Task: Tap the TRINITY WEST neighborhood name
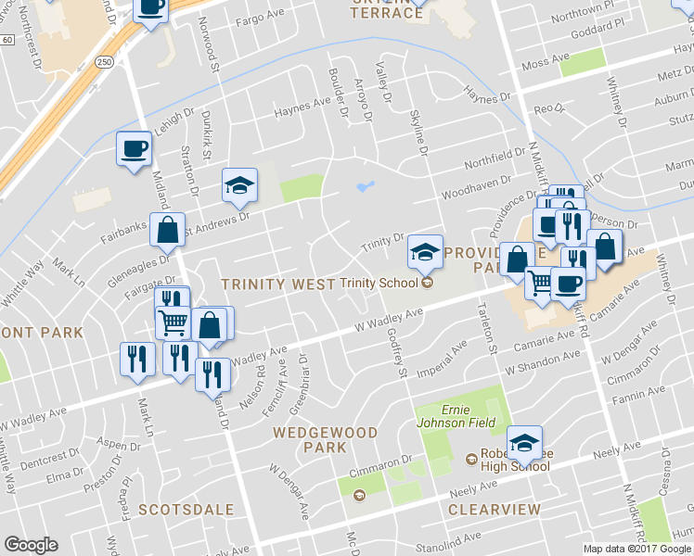tap(277, 284)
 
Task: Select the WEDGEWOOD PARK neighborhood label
tap(326, 440)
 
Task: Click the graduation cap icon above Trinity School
tap(424, 250)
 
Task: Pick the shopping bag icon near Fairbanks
tap(167, 232)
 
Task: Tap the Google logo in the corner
tap(30, 545)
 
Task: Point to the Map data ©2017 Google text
tap(637, 549)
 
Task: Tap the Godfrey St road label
tap(398, 354)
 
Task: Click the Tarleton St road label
tap(486, 328)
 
